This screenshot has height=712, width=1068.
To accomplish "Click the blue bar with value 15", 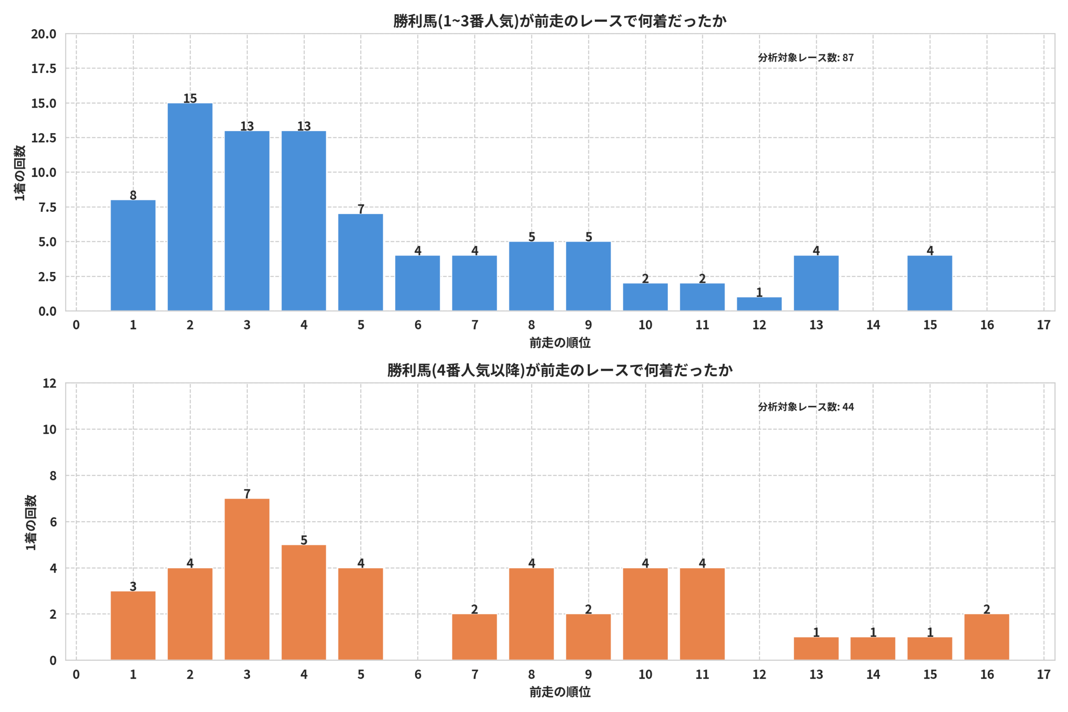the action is [190, 207].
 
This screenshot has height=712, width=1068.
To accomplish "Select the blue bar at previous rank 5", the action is [360, 262].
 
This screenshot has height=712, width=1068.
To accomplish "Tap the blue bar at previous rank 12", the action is [759, 304].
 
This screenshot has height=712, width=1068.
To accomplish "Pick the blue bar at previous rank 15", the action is [930, 283].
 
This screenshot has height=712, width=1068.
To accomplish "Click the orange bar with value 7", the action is [247, 579].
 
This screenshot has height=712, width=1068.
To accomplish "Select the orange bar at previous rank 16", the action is [987, 637].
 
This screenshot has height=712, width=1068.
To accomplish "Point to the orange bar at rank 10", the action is [645, 614].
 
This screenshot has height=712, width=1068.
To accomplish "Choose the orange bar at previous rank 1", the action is [133, 626].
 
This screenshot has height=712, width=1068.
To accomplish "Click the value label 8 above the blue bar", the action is [133, 195].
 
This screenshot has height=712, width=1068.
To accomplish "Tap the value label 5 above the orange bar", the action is [304, 540].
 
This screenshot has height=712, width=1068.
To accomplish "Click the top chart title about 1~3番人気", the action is [560, 21].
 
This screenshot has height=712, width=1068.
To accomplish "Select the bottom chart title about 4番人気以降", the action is [560, 370].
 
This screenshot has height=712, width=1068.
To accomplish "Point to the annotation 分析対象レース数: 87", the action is [806, 58].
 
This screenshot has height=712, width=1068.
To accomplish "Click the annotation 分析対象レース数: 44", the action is [806, 407].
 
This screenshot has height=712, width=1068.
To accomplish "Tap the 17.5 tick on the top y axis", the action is [43, 68].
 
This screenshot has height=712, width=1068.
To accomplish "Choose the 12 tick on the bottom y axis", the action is [50, 383].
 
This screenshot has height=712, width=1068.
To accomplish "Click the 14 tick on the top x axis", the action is [873, 325].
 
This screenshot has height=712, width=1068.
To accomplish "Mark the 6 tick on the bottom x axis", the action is [418, 675].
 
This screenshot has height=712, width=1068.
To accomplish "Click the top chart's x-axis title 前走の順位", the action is [560, 343].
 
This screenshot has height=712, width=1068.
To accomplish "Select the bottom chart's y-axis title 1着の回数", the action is [30, 522].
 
